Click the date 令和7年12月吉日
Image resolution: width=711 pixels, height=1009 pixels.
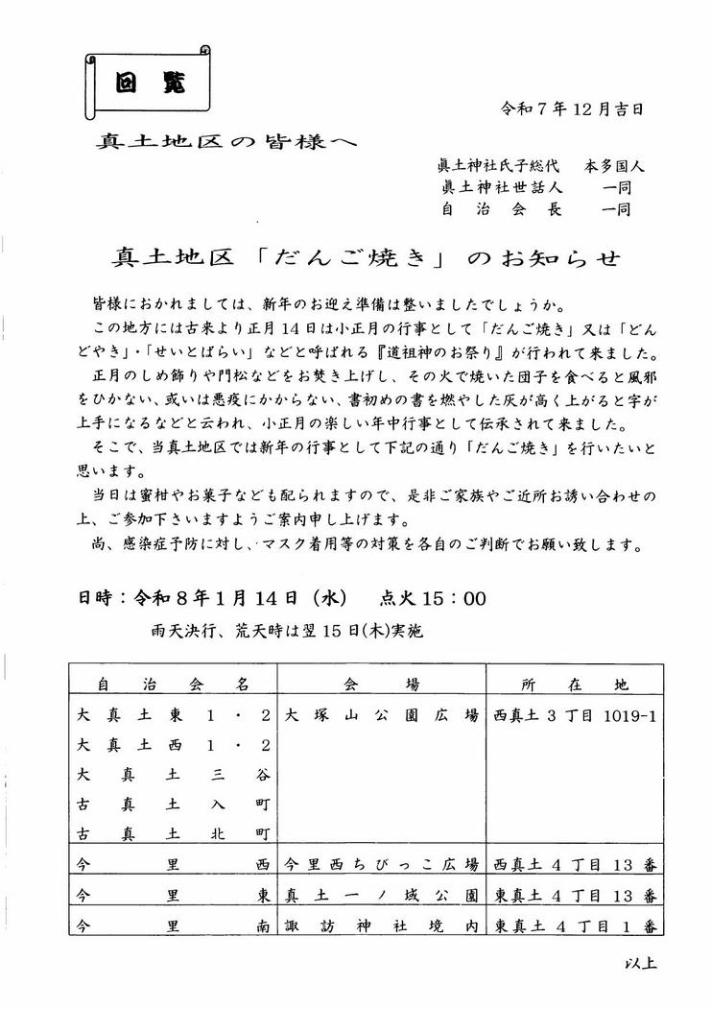tap(572, 108)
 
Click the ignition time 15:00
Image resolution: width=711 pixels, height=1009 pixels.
tap(452, 599)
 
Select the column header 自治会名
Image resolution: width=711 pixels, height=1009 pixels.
tap(173, 685)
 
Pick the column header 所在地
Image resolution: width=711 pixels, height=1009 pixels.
tap(575, 685)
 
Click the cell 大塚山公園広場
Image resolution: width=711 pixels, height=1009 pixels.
tap(381, 716)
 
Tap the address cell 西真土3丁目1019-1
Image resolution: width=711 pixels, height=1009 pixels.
tap(575, 716)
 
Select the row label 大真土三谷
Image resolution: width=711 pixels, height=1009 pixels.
tap(173, 774)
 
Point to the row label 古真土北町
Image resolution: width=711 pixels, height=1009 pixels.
tap(173, 831)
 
